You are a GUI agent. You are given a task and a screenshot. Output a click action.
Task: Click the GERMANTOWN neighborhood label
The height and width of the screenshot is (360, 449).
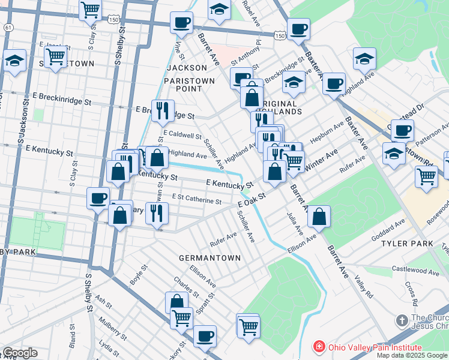tap(209, 257)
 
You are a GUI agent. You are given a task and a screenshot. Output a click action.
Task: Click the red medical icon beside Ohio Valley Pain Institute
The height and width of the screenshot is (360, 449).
tap(319, 347)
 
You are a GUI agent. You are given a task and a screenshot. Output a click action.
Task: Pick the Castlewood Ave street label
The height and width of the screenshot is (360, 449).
tap(415, 271)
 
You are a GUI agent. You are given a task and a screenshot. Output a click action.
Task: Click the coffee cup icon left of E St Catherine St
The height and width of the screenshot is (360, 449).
tap(98, 197)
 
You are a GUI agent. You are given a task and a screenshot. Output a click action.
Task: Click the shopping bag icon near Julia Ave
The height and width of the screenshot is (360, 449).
tap(319, 216)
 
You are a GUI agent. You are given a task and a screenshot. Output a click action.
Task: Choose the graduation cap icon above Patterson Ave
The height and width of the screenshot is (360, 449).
tap(393, 154)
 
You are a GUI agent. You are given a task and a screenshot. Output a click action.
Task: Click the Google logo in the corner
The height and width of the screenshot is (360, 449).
tap(19, 353)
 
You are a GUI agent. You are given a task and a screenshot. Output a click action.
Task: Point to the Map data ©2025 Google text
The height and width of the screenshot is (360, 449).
tap(411, 355)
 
